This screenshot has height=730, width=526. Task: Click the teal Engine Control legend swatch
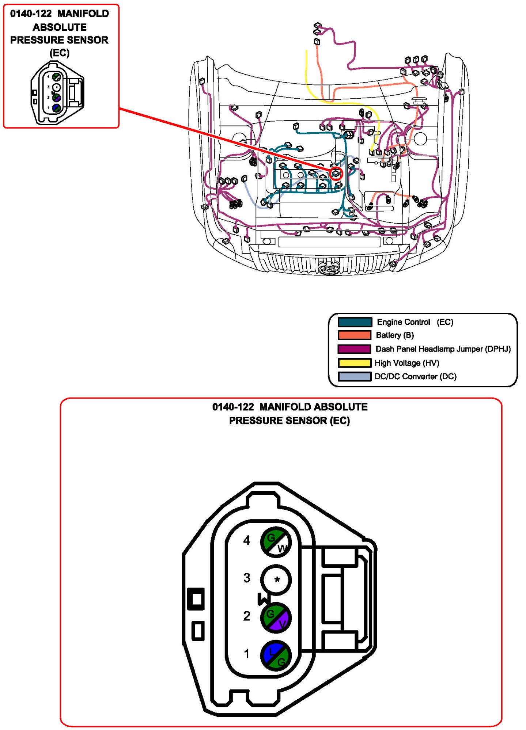point(355,322)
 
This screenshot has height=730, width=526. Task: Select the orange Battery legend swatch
point(355,335)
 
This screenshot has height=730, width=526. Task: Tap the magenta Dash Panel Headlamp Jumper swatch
point(354,349)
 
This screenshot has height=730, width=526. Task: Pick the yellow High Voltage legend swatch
point(355,363)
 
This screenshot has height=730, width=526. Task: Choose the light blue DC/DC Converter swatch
point(355,376)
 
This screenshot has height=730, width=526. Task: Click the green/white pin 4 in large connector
point(276,543)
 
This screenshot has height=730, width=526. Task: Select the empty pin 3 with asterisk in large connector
point(276,580)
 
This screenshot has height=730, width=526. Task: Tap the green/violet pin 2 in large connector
point(276,618)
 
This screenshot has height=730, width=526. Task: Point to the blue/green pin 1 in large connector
point(276,656)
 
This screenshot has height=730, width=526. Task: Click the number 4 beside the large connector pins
point(247,540)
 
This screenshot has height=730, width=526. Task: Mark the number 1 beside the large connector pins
point(247,654)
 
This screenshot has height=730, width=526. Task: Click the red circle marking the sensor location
point(336,173)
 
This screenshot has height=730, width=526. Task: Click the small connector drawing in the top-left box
point(57,93)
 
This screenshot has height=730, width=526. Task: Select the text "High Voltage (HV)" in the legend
point(407,363)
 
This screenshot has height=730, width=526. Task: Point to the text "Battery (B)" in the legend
point(395,335)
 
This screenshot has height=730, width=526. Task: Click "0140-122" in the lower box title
point(233,407)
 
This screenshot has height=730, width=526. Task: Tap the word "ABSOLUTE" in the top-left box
point(60,27)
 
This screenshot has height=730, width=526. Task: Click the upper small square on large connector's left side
point(196,599)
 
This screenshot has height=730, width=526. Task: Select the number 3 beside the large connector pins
point(247,578)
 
